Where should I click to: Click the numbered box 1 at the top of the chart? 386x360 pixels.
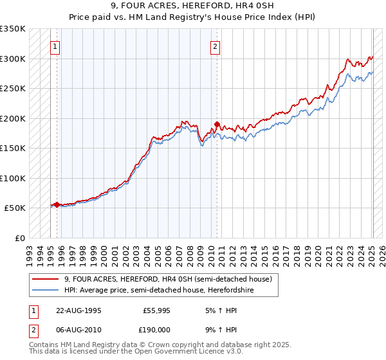[x=56, y=46]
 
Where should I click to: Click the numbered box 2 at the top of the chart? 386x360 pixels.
[x=215, y=46]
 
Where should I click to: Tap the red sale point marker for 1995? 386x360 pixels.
[x=57, y=205]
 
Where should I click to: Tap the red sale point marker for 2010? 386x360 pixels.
[x=217, y=124]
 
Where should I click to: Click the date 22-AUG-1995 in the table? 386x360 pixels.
[x=78, y=309]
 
